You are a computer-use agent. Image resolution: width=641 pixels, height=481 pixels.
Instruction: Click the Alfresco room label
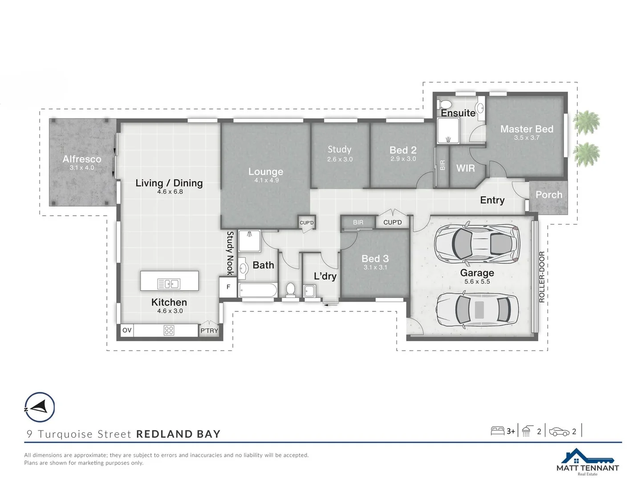pos(82,159)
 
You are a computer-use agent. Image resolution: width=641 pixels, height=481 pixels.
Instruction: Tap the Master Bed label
pos(527,129)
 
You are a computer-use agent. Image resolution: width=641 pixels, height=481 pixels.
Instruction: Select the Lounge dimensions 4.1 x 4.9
pos(266,180)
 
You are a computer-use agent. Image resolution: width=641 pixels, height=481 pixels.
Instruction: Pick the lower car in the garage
pos(477,310)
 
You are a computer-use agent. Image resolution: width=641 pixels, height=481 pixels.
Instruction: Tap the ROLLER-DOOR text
pos(542,277)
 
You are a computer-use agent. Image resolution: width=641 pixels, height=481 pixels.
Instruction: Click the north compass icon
pos(40,407)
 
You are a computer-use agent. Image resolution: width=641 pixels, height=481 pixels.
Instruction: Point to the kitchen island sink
pos(169,284)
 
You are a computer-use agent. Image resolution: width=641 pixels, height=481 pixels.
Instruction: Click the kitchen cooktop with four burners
pos(169,330)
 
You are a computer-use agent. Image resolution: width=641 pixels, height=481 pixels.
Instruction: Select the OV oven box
pos(127,330)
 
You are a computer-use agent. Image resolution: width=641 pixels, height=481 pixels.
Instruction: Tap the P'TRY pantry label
pos(209,330)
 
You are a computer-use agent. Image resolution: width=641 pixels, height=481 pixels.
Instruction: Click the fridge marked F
pos(228,287)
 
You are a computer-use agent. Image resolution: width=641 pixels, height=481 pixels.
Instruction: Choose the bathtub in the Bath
pos(258,290)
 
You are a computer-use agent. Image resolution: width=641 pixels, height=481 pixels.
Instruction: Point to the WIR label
pos(465,168)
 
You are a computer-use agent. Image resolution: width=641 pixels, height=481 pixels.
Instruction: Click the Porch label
pos(548,195)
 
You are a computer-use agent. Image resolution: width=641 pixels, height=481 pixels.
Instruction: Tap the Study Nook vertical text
pos(230,253)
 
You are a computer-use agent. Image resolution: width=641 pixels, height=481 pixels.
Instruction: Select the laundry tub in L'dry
pos(309,291)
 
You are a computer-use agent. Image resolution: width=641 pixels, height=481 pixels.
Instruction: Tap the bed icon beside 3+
pos(497,431)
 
